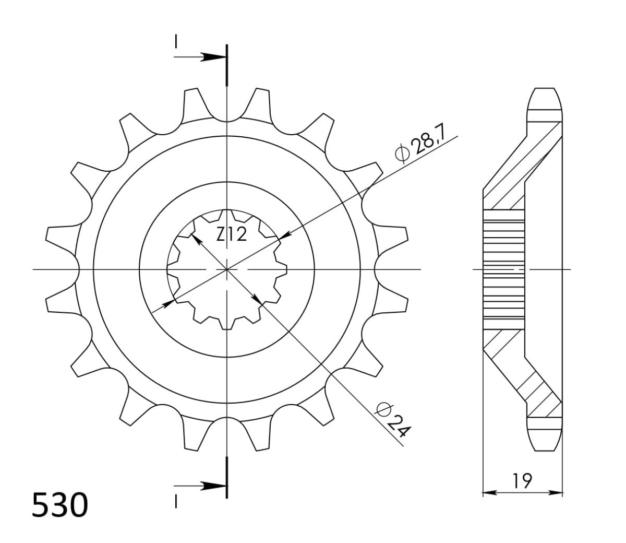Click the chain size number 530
[58, 505]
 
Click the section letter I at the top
[176, 41]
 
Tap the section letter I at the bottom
[176, 502]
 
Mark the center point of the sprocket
[227, 269]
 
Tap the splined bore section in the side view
[503, 269]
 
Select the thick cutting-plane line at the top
[227, 65]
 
